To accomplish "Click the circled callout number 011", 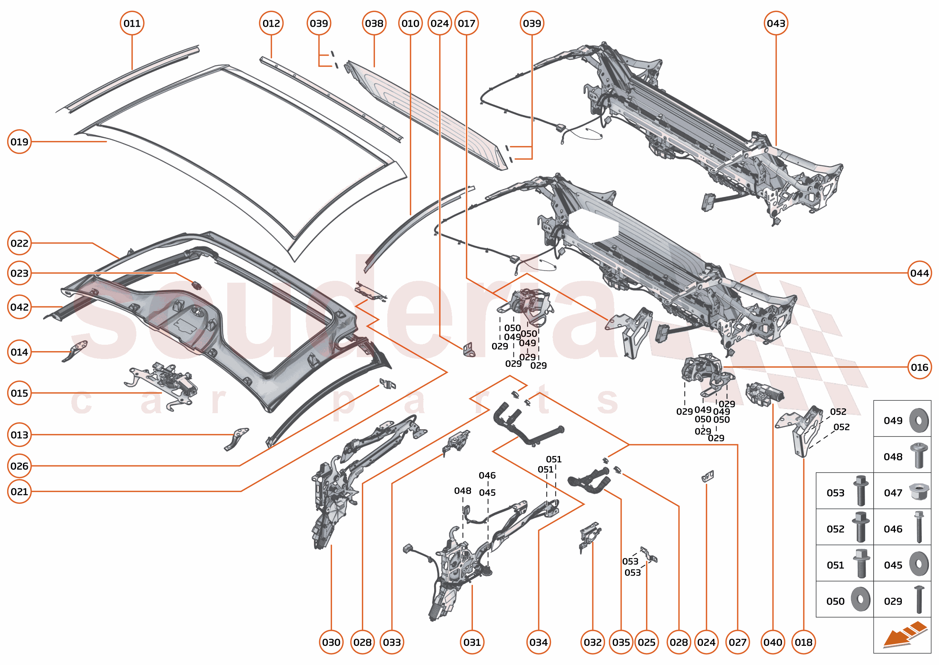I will pyautogui.click(x=132, y=23).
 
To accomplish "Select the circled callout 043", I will pyautogui.click(x=776, y=23).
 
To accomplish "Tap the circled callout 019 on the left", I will pyautogui.click(x=19, y=142).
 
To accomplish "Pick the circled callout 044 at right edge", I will pyautogui.click(x=919, y=273).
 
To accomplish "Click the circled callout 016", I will pyautogui.click(x=919, y=367).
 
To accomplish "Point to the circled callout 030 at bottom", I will pyautogui.click(x=331, y=642).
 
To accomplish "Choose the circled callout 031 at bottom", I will pyautogui.click(x=472, y=642).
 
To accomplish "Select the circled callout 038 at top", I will pyautogui.click(x=374, y=23).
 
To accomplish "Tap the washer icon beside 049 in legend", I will pyautogui.click(x=919, y=421).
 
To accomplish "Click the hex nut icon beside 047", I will pyautogui.click(x=919, y=491).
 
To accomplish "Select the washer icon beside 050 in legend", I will pyautogui.click(x=860, y=600).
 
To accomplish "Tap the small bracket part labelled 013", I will pyautogui.click(x=237, y=438).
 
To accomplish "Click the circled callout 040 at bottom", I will pyautogui.click(x=773, y=642).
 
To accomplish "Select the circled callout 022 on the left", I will pyautogui.click(x=19, y=243).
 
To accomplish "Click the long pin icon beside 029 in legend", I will pyautogui.click(x=919, y=600).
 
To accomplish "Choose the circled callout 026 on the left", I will pyautogui.click(x=19, y=466).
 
